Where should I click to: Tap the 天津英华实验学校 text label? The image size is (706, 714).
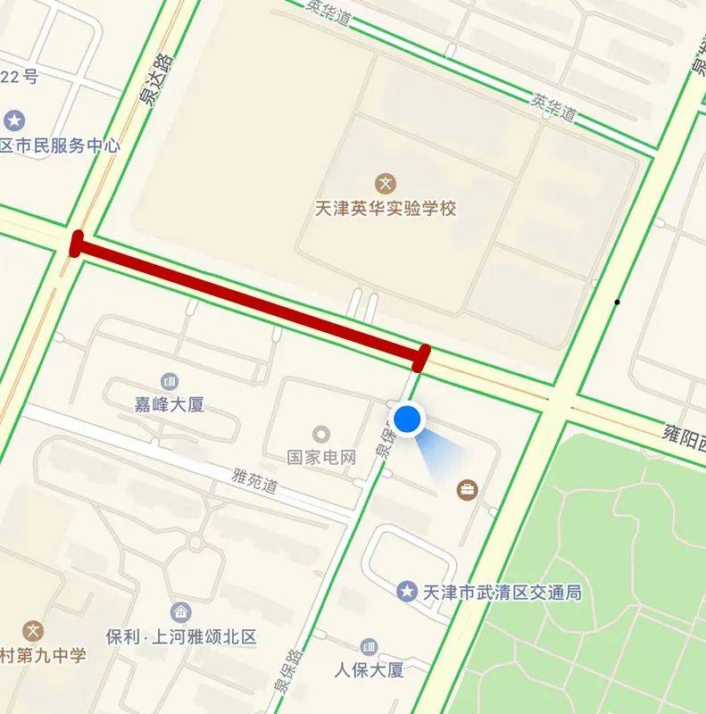[386, 209]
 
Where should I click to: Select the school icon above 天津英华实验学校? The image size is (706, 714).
[386, 185]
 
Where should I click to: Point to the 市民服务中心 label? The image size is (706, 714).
[60, 145]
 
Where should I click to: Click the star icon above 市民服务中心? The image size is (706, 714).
[14, 120]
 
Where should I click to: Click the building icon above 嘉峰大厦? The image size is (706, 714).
[168, 381]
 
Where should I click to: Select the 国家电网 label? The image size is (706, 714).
[321, 457]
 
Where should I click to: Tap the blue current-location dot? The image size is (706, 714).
[407, 419]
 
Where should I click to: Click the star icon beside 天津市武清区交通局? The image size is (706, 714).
[408, 591]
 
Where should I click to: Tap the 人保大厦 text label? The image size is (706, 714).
[370, 668]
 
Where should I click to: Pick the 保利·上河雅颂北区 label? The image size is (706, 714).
[181, 637]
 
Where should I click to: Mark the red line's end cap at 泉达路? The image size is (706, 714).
[76, 244]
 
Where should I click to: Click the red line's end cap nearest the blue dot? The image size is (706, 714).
[422, 357]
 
